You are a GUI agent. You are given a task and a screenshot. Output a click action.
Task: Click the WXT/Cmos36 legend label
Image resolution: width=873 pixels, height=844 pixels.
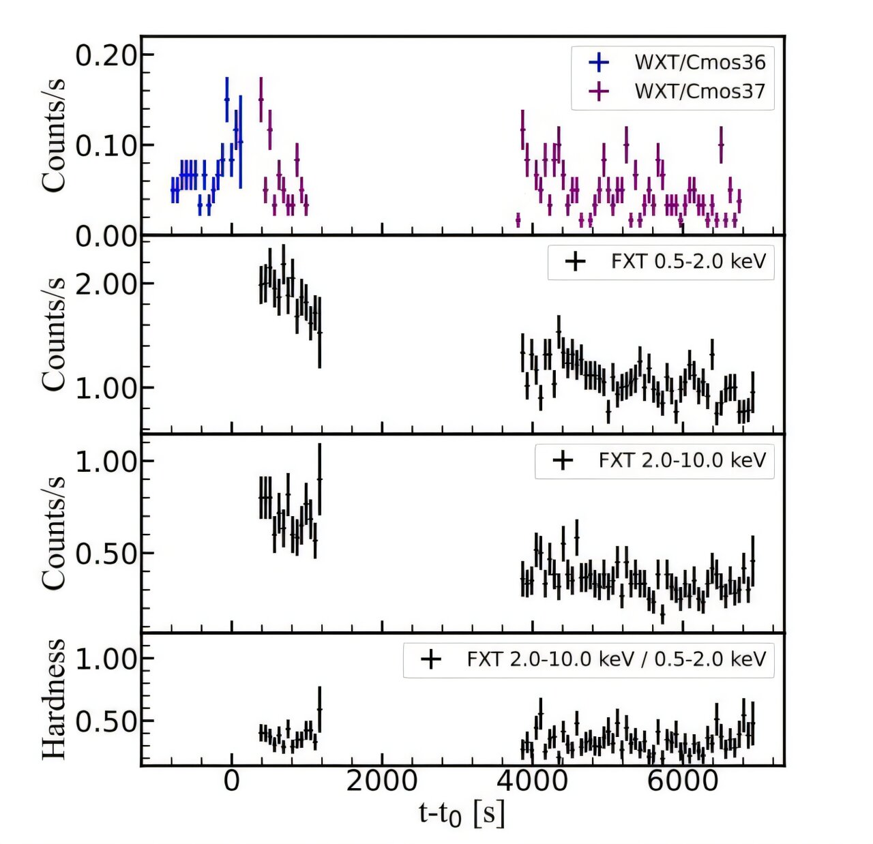700,62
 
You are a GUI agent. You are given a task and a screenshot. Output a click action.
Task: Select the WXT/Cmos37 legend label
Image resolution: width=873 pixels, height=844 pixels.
700,91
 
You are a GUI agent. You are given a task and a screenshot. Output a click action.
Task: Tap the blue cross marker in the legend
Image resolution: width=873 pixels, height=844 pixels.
598,62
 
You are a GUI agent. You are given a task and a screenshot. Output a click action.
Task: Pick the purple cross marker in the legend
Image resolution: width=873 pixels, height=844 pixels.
598,91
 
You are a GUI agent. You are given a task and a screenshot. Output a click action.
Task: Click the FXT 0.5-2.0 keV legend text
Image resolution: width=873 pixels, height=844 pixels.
688,261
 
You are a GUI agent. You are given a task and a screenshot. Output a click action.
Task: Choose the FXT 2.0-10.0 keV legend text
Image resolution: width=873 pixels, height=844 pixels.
682,460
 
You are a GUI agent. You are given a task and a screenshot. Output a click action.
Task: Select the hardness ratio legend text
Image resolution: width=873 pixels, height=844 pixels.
616,659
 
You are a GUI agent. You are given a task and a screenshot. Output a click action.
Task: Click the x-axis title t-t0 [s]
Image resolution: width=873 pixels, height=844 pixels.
462,813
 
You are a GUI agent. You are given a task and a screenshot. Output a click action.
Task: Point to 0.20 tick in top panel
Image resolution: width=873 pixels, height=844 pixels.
106,56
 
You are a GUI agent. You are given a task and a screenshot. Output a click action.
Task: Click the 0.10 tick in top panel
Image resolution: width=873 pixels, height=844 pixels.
106,146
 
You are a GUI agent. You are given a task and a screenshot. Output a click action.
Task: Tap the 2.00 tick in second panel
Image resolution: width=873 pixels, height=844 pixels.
106,284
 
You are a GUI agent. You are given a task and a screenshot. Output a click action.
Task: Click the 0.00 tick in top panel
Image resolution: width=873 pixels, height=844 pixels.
106,237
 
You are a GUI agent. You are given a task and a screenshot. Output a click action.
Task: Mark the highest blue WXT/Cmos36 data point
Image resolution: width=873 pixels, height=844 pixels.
227,100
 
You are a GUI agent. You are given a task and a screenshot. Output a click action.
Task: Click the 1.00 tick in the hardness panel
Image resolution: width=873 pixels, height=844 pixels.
106,659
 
